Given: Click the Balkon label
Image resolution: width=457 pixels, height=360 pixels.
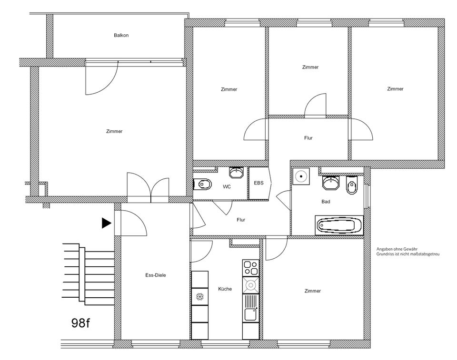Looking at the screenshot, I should point(121,35).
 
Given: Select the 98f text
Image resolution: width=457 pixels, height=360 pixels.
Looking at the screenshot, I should point(80,323).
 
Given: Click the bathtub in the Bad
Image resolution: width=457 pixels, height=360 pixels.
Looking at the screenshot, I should point(339,225).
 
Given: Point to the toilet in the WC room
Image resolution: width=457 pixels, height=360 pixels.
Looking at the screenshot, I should point(203,183).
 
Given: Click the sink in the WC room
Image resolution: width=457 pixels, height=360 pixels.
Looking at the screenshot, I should point(236,172).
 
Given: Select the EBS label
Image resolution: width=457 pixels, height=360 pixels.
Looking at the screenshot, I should point(258,183).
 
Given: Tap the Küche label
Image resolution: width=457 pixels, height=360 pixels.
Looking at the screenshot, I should point(225,289).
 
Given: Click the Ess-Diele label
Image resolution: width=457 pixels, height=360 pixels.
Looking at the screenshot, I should point(155,275).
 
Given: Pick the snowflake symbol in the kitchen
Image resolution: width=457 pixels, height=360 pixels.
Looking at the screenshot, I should point(199,297).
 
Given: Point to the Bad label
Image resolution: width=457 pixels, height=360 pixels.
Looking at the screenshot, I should point(326,202).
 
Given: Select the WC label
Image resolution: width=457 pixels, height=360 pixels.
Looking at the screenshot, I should point(227,187).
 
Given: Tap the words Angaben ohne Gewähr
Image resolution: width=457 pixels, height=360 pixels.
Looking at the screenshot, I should point(397,249).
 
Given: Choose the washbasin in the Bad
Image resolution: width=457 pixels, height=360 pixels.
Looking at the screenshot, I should point(331,182).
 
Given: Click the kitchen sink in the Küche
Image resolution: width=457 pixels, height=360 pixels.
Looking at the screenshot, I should point(250,314).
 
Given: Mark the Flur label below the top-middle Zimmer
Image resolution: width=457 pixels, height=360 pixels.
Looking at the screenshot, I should point(308,138).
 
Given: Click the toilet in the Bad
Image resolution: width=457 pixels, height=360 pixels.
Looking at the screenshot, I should point(352,186).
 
